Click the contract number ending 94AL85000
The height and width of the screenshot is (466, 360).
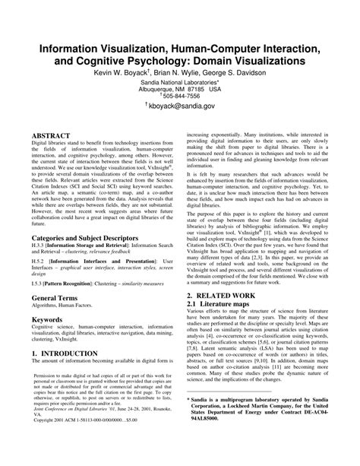[x=219, y=439]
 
